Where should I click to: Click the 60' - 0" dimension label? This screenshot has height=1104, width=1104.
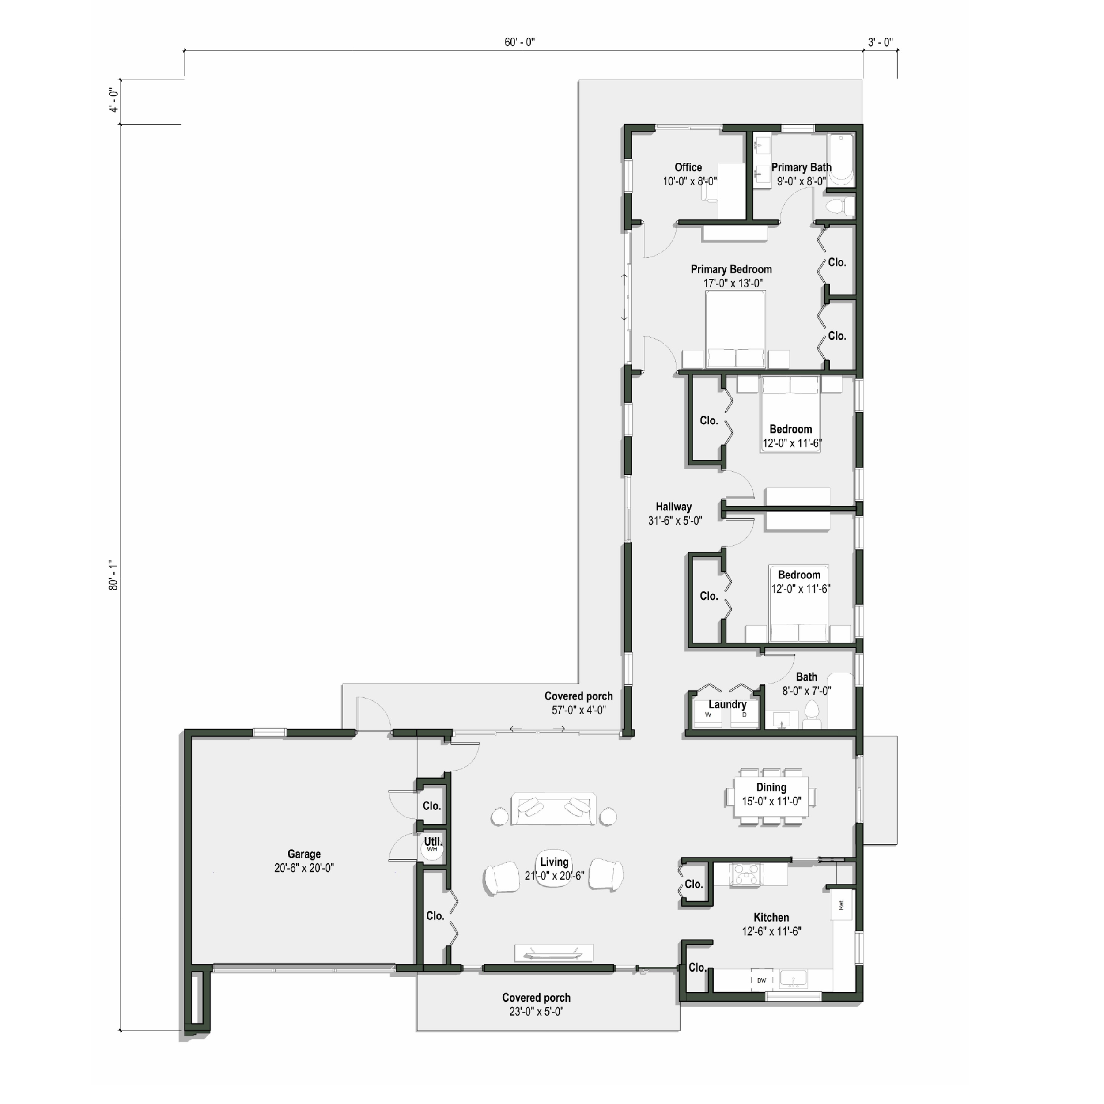[x=519, y=42]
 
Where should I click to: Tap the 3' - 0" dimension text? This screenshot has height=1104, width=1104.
[x=880, y=42]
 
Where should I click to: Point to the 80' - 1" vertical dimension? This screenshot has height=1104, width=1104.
[x=114, y=575]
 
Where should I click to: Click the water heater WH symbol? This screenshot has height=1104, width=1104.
[x=432, y=849]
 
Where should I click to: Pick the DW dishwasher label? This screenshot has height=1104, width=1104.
[x=761, y=980]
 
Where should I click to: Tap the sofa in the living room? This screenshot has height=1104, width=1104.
[x=553, y=809]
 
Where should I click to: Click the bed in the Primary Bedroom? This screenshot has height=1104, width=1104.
[x=735, y=329]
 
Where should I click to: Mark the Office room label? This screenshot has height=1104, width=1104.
[x=688, y=167]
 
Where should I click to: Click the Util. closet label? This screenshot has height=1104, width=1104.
[x=433, y=841]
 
